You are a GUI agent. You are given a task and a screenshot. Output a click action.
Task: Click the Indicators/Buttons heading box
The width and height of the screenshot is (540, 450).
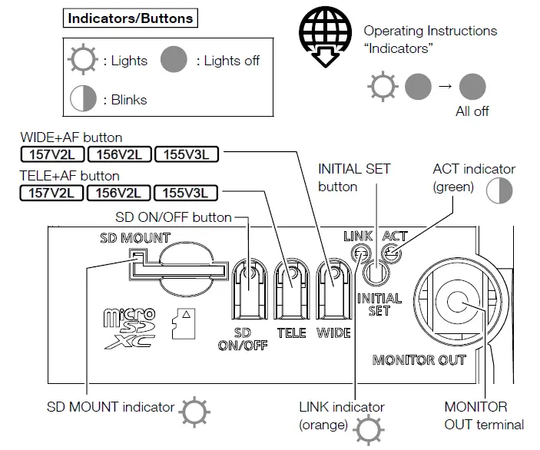click(130, 18)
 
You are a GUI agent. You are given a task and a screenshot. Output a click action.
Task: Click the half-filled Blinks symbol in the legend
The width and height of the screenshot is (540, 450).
click(83, 99)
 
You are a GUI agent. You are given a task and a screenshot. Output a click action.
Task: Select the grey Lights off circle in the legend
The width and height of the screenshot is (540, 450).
click(174, 61)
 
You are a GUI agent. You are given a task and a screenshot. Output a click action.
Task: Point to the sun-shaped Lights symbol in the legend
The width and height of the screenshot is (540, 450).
click(83, 61)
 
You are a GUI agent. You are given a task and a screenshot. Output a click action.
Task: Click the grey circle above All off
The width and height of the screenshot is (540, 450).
click(472, 85)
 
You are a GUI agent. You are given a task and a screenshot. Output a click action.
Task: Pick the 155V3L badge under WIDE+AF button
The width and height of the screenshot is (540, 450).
click(186, 154)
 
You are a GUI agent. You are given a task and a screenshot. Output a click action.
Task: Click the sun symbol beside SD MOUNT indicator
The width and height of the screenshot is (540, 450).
click(194, 412)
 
